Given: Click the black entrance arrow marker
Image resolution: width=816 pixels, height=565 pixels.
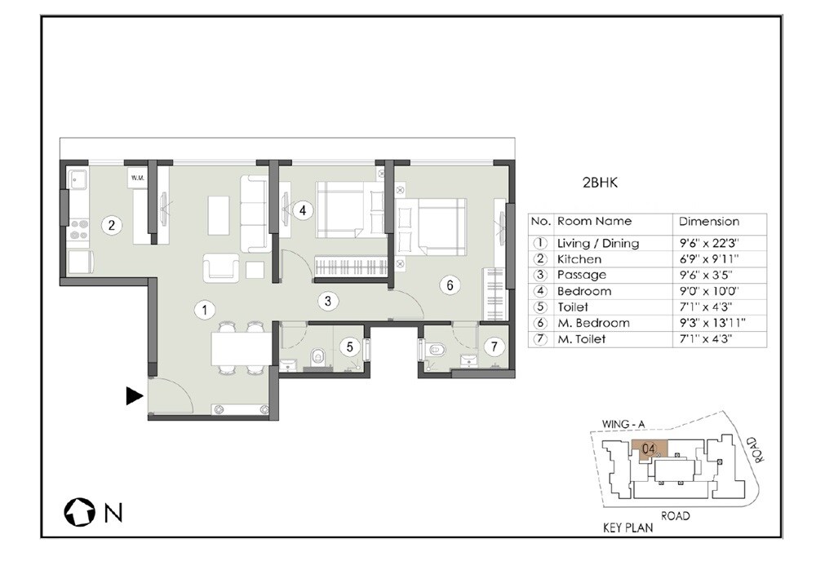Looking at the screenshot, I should point(134,397).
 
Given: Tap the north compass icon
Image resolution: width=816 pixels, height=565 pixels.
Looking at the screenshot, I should point(79,513).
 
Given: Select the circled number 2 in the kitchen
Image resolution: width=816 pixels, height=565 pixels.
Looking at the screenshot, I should point(111,225).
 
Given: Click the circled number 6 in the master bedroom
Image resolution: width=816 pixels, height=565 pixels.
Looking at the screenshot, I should point(448,285).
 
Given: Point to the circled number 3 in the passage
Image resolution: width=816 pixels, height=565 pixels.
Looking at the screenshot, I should point(328,301).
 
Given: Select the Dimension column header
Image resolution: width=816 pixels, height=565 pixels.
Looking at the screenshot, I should point(709,221).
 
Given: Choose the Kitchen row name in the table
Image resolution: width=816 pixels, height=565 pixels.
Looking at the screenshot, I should point(579,259).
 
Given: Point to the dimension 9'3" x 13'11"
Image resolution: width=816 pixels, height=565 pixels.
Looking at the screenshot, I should point(713,323).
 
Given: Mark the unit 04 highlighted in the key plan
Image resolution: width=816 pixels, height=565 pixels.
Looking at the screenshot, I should point(650,448).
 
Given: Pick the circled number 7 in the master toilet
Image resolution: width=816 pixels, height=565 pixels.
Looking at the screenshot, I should point(492,346).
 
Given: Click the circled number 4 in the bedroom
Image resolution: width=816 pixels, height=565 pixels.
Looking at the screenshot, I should point(302,210).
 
